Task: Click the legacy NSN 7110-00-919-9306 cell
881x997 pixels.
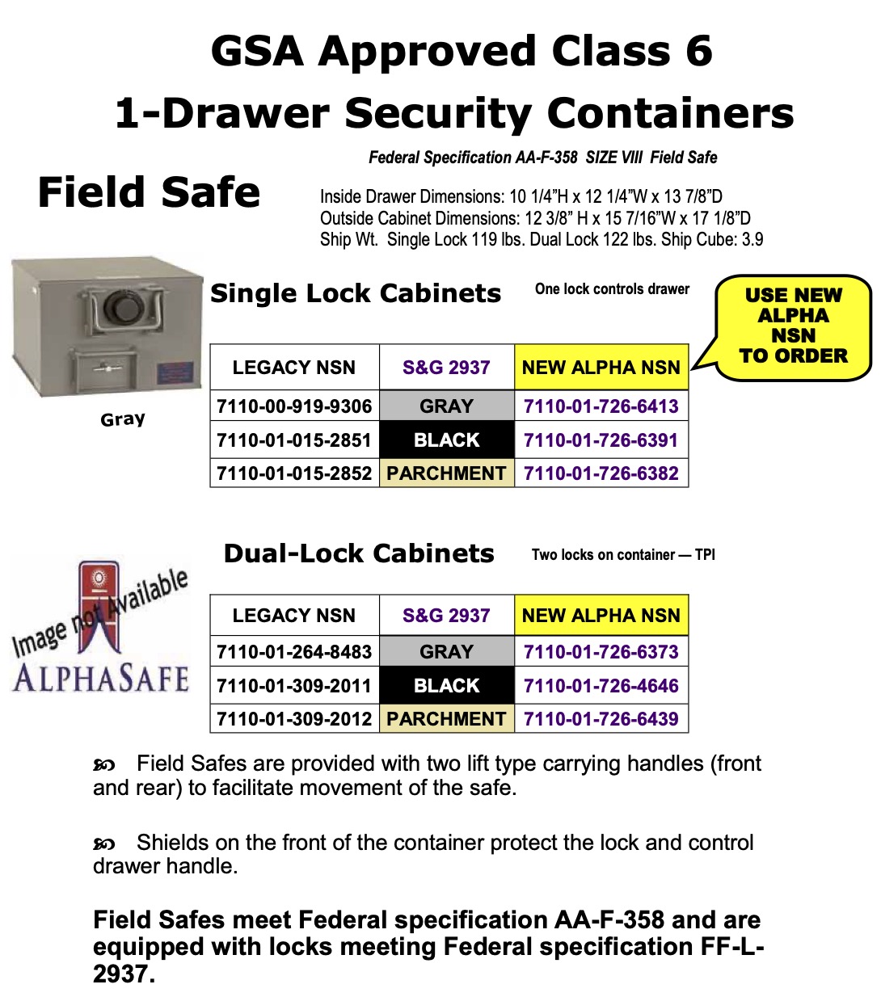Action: point(294,406)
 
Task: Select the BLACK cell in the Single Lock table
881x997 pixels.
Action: point(446,440)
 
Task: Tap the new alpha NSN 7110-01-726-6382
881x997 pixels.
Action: point(601,473)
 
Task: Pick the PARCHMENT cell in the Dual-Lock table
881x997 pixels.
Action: point(446,719)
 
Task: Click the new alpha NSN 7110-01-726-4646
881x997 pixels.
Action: point(601,686)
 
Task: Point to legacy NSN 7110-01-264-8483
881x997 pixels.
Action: point(294,652)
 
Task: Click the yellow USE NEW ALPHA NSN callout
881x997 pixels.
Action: point(793,326)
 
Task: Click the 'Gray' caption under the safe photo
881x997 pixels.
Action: point(123,419)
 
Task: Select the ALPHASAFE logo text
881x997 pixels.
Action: point(101,677)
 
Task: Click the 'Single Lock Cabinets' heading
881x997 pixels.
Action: point(356,293)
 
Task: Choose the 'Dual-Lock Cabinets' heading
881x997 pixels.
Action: point(359,553)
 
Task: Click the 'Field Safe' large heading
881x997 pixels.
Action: point(149,193)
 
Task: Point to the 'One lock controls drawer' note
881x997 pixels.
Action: point(612,289)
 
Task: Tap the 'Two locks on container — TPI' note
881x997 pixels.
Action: point(623,555)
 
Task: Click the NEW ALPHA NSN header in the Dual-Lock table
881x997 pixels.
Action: point(601,616)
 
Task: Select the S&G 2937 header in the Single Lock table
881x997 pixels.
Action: point(446,368)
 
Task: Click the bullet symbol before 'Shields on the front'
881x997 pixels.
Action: point(104,844)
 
